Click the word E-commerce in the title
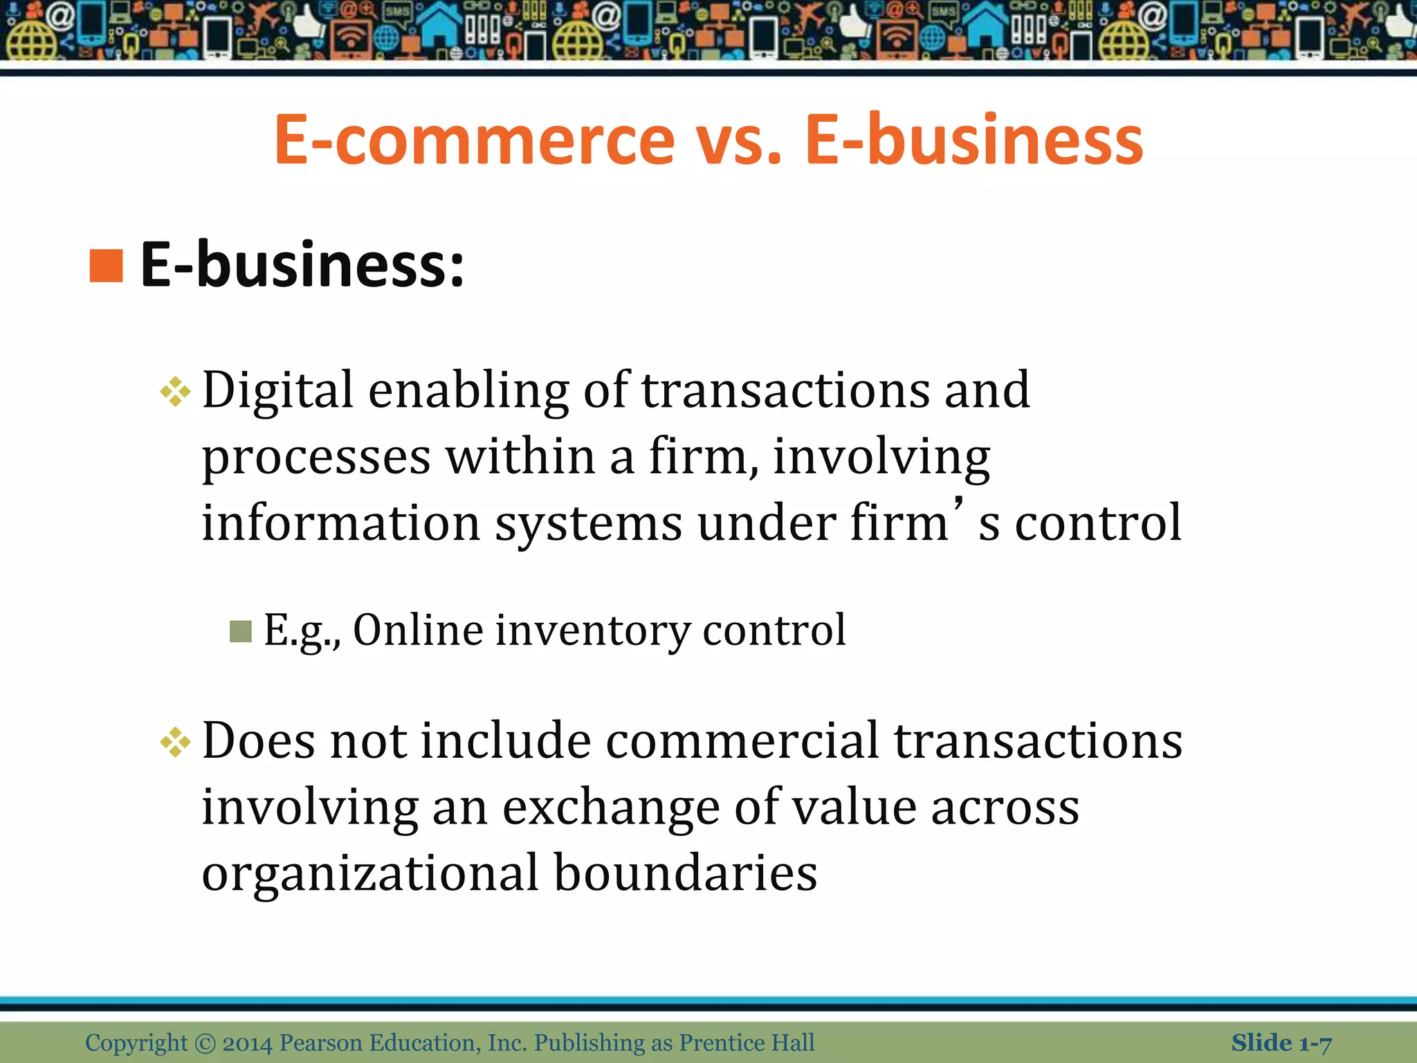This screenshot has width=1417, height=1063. (x=474, y=140)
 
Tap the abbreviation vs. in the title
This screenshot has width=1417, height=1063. (x=738, y=140)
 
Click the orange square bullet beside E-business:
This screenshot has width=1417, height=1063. (x=106, y=266)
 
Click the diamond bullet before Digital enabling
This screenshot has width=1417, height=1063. (x=175, y=392)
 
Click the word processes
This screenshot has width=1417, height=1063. (x=316, y=457)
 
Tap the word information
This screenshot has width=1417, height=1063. (x=340, y=523)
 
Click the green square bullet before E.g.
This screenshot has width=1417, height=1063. (x=240, y=630)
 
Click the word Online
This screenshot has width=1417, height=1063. (x=418, y=630)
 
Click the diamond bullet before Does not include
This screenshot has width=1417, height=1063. (x=175, y=743)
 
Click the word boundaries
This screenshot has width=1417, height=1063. (x=686, y=873)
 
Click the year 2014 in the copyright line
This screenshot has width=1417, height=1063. (x=247, y=1043)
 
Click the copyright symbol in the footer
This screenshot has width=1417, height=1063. (x=205, y=1043)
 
